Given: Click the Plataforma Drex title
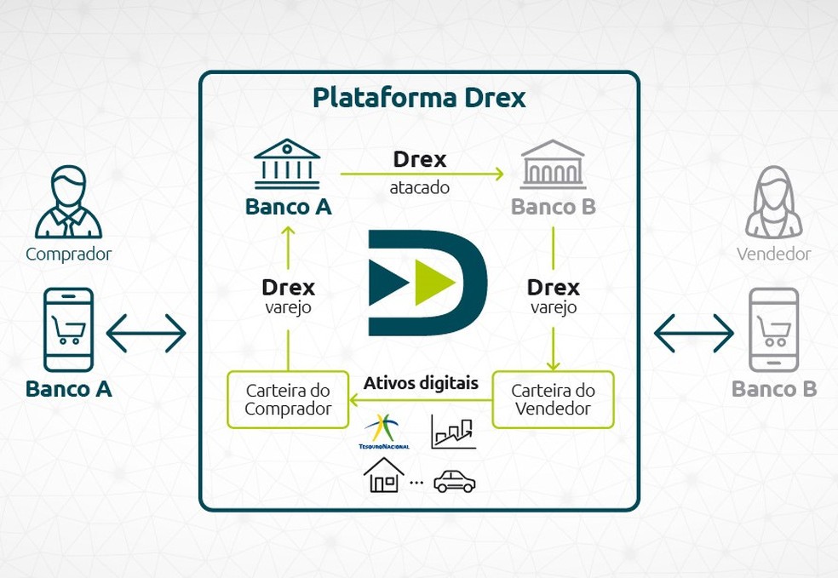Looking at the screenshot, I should point(418,98).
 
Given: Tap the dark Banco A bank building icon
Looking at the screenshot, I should point(287,164).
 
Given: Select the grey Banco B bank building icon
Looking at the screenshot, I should point(553,164).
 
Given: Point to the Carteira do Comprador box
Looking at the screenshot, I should point(288,399).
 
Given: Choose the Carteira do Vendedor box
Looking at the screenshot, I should point(553,399).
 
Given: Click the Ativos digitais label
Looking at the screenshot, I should point(421,383).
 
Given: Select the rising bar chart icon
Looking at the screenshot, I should point(453,432).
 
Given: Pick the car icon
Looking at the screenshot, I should point(454,482).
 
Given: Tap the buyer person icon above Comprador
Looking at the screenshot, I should point(68,203).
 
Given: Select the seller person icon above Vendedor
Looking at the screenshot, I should point(773,203).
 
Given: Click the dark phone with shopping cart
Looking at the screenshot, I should point(68,329).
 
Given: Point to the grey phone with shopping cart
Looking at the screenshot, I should point(773,329).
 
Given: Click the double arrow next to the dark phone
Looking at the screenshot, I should point(146,332).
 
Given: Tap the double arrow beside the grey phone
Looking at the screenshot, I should point(693,332).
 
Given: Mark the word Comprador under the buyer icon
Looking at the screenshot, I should point(68,254).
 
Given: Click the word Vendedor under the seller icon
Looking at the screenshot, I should point(773,254).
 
